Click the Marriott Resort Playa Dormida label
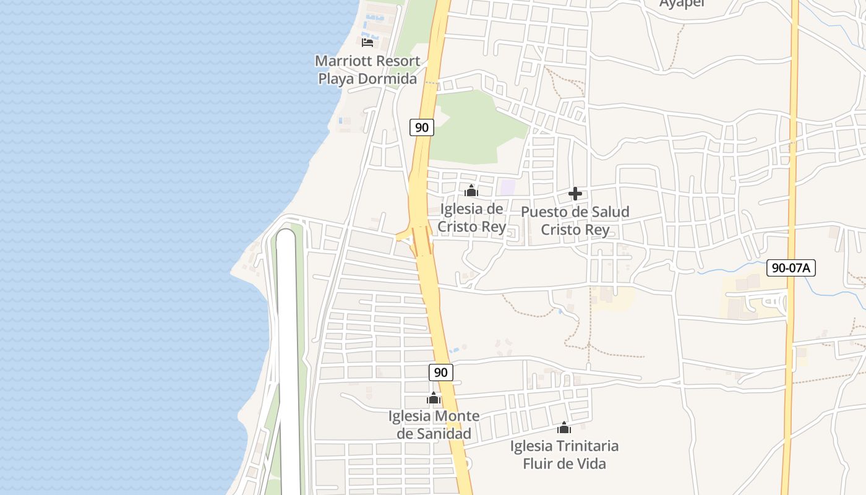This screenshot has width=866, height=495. pos(367,70)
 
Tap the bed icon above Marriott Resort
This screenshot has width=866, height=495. pos(367,42)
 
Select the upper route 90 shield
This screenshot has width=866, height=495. pos(422,127)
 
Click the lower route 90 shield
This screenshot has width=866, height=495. pos(440,372)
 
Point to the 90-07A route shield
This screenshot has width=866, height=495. pos(791,268)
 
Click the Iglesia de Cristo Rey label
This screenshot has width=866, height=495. pos(471,218)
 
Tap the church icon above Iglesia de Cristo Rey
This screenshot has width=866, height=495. pos(471,191)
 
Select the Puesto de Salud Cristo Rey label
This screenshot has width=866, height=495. pos(575,221)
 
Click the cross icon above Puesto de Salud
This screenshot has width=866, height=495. pos(575,194)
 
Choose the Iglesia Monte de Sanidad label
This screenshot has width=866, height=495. pos(434,424)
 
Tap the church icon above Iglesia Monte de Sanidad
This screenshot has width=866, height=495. pos(434,398)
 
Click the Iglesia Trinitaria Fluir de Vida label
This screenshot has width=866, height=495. pos(564,454)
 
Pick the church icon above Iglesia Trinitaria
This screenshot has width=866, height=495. pos(564,428)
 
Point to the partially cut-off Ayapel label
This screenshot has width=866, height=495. pos(682,4)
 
